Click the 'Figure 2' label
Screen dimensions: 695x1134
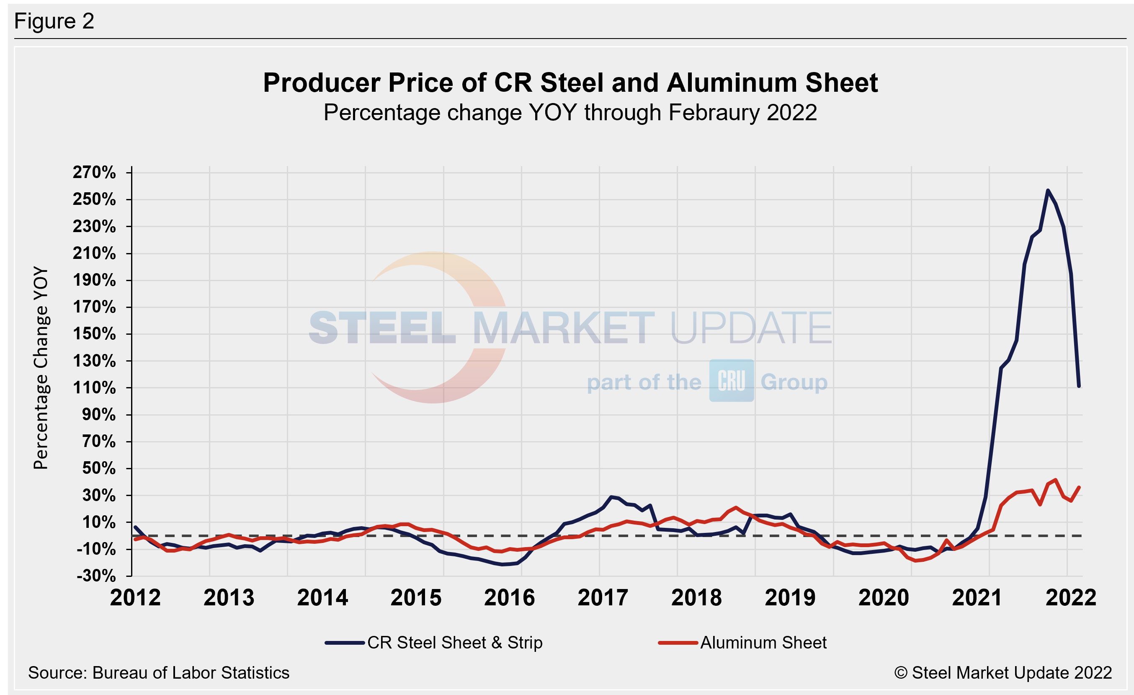pyautogui.click(x=54, y=21)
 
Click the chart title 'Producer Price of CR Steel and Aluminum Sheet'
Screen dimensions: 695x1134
pyautogui.click(x=570, y=83)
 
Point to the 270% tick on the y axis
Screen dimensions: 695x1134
pyautogui.click(x=94, y=173)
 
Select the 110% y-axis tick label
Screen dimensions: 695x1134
pyautogui.click(x=94, y=388)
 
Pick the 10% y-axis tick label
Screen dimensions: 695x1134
pyautogui.click(x=98, y=522)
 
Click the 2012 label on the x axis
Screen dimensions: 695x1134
pyautogui.click(x=135, y=598)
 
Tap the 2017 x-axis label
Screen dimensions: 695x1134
pyautogui.click(x=603, y=598)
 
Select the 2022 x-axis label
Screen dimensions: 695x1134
pyautogui.click(x=1071, y=598)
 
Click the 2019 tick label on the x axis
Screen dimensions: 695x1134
pyautogui.click(x=790, y=598)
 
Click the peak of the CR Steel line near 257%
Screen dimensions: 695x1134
pyautogui.click(x=1048, y=190)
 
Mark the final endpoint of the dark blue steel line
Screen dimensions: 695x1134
pyautogui.click(x=1079, y=386)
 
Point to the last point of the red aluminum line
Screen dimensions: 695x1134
pyautogui.click(x=1079, y=487)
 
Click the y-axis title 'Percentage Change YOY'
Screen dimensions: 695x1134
pyautogui.click(x=41, y=368)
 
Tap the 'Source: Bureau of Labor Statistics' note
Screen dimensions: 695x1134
pyautogui.click(x=159, y=673)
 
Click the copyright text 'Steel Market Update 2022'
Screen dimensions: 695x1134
pyautogui.click(x=1003, y=673)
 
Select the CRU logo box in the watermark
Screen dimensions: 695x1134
pyautogui.click(x=731, y=381)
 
